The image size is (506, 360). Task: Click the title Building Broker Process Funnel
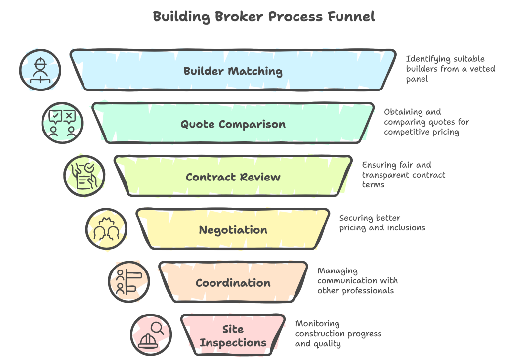(263, 17)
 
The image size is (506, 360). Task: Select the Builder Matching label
(233, 71)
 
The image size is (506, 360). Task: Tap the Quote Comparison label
(233, 124)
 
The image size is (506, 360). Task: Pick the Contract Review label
(233, 177)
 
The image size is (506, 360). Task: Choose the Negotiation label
(233, 230)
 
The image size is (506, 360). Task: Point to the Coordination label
(233, 283)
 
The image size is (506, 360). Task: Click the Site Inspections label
(233, 336)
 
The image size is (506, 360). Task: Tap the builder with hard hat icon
(40, 70)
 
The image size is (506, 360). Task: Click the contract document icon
(84, 176)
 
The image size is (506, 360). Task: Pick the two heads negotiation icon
(106, 228)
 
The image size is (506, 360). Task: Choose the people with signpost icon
(128, 281)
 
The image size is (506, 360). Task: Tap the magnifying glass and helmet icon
(151, 334)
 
